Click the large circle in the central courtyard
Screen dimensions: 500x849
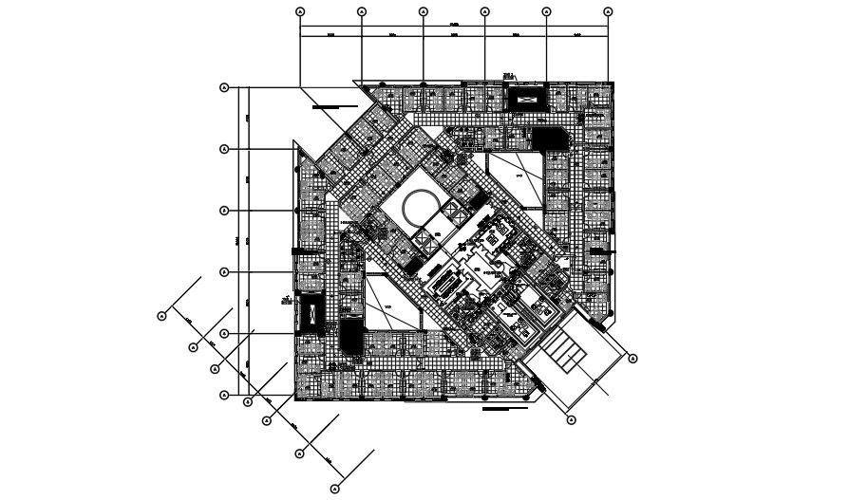click(419, 206)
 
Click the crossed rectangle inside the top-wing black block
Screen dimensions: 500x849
click(527, 96)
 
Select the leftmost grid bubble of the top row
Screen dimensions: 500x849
click(300, 11)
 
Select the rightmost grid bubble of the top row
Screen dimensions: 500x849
click(608, 11)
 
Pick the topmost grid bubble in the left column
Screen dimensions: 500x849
click(225, 87)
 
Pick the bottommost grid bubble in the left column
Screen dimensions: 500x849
click(225, 395)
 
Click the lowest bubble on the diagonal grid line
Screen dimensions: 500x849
click(334, 489)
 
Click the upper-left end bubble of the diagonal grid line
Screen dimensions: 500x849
click(162, 315)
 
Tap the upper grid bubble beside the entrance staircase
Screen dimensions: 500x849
click(632, 358)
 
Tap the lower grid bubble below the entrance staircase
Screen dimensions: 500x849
click(572, 418)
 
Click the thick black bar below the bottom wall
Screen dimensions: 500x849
click(504, 410)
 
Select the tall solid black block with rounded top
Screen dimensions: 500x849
click(349, 339)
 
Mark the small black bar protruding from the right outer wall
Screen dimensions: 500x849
click(598, 250)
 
